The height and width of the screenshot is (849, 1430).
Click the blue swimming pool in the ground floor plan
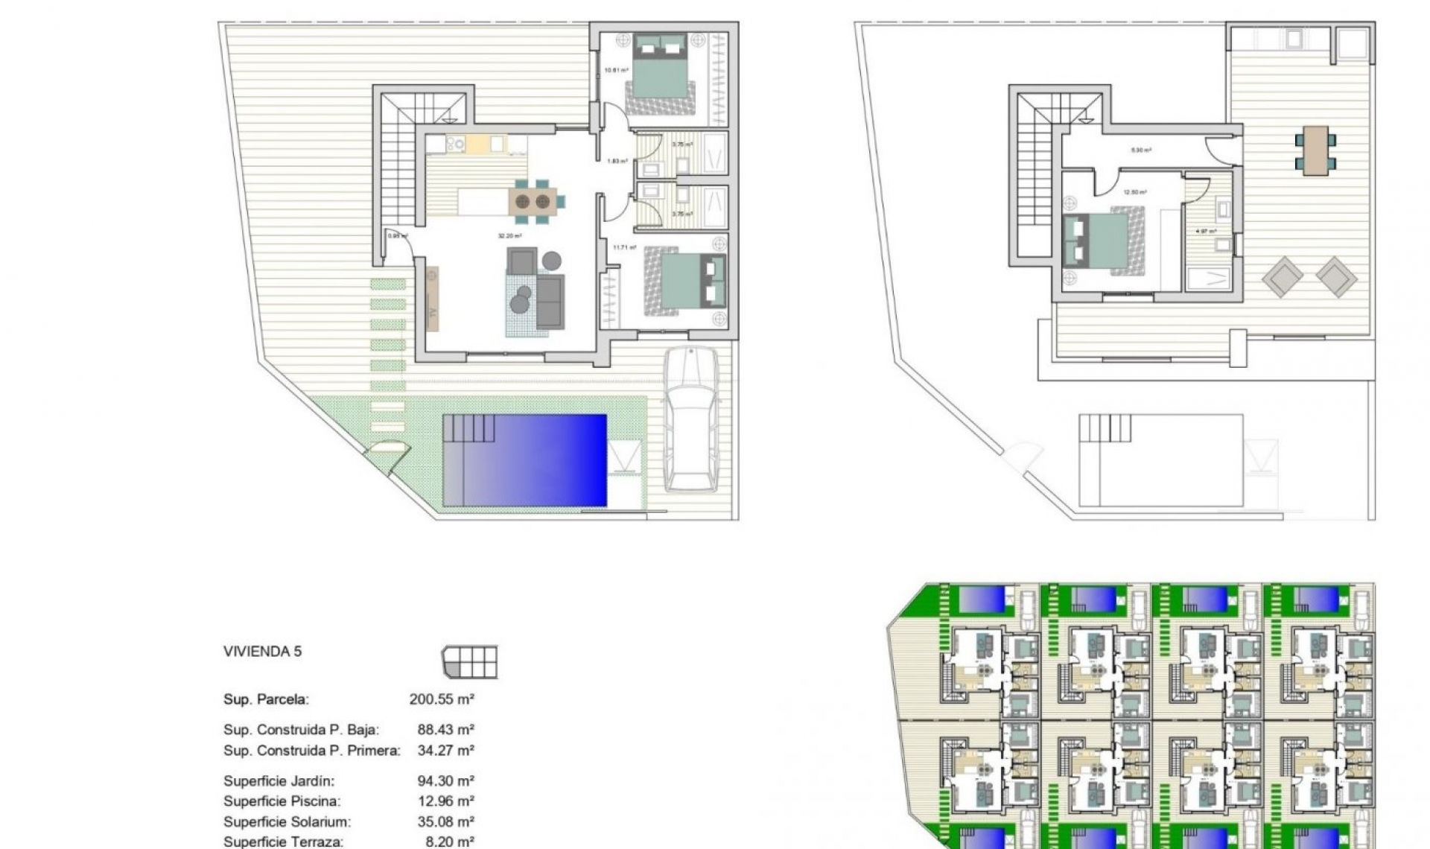coord(524,460)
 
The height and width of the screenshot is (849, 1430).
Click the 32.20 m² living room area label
coord(510,236)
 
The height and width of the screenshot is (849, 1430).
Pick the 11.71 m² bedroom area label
coord(624,247)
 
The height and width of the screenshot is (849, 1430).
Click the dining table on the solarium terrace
coord(1315,150)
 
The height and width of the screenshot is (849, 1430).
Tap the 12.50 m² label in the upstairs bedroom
coord(1135,192)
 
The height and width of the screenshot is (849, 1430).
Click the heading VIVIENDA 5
coord(262,652)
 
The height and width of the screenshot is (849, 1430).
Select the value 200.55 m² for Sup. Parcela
coord(442,699)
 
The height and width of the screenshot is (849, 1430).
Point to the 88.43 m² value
coord(445,730)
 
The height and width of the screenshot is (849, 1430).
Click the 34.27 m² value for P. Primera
coord(445,751)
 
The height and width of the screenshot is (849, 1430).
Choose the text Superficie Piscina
coord(282,801)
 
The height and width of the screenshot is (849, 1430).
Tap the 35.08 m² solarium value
coord(445,822)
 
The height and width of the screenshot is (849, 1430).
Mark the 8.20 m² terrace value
coord(445,842)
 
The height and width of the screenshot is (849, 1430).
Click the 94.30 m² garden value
coord(445,781)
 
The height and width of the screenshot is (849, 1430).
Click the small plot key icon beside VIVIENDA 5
coord(469,662)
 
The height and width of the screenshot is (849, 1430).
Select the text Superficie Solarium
coord(287,822)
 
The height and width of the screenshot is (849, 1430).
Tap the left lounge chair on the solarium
coord(1283,277)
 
